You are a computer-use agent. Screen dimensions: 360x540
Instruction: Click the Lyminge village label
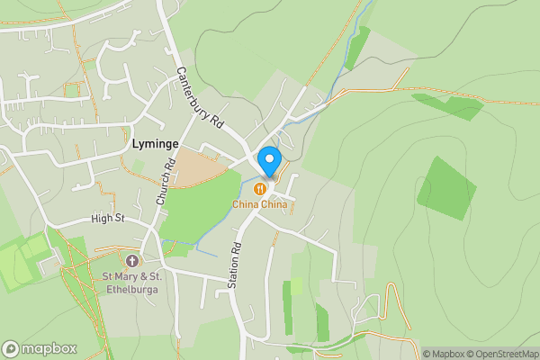click(x=155, y=144)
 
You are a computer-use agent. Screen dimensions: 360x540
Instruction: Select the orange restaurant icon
click(x=260, y=189)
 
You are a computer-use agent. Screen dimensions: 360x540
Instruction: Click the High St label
click(x=107, y=219)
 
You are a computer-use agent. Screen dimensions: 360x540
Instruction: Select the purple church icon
click(x=132, y=260)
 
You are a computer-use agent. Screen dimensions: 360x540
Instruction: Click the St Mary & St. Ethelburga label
click(x=131, y=282)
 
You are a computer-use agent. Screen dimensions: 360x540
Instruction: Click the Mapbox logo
click(x=40, y=348)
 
